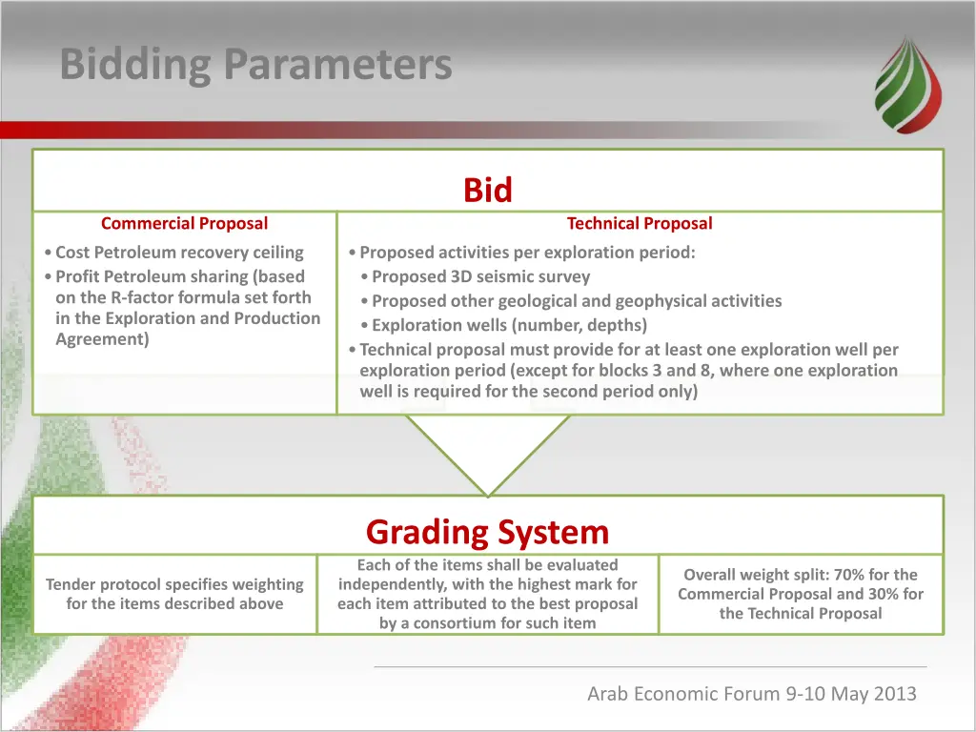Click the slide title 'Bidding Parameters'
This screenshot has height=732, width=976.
tap(255, 65)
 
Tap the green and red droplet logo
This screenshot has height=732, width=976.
tap(908, 85)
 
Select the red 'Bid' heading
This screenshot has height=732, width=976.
tap(487, 190)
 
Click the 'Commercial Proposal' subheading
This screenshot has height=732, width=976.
tap(184, 223)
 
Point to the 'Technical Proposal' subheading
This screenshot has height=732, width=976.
tap(640, 223)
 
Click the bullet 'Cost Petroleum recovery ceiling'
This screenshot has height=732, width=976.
tap(179, 252)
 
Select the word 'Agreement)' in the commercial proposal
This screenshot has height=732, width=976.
tap(102, 339)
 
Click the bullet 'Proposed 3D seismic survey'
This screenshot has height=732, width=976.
tap(480, 276)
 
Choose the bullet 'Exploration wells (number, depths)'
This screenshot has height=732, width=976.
tap(509, 325)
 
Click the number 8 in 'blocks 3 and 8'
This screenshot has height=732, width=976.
tap(704, 371)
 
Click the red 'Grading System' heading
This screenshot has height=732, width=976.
tap(487, 532)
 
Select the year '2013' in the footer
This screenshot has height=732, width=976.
tap(895, 694)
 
